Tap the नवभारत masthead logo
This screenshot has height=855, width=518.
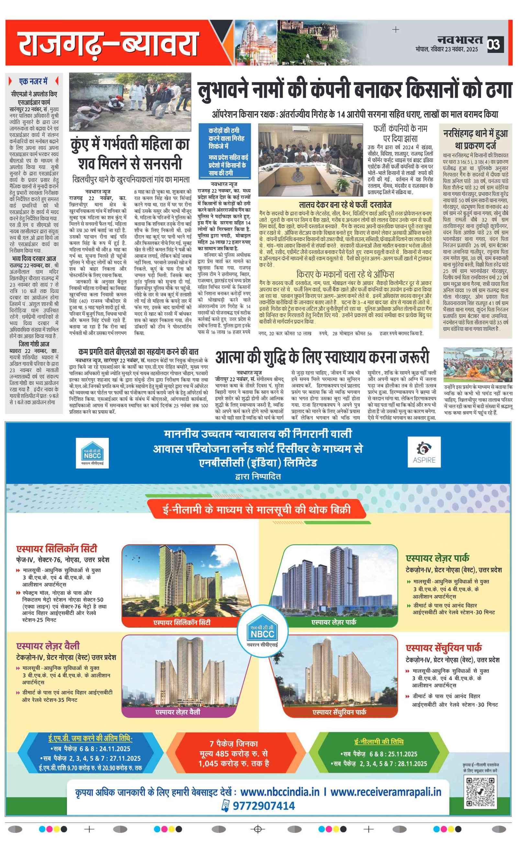coord(460,40)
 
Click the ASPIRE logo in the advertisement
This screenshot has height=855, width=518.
coord(424,452)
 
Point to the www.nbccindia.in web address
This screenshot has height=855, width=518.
coord(280,792)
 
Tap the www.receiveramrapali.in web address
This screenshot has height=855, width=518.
coord(386,792)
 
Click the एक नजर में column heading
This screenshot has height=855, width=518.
coord(33,81)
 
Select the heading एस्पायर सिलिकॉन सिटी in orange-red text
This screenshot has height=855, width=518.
coord(57,549)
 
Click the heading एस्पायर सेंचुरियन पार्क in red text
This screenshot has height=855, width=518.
coord(444,648)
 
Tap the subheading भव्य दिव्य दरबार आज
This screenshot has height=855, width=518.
coord(34,258)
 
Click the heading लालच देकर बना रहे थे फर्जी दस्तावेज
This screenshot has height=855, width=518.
coord(345,205)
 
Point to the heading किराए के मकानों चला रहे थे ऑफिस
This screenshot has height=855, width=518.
coord(345,274)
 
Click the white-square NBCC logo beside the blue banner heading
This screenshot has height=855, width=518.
coord(92,453)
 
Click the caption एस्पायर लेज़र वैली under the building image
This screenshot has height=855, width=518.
coord(177,712)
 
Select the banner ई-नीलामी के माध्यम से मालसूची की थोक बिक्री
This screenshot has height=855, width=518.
coord(256,509)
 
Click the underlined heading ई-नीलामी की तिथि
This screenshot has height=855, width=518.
coord(379,741)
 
